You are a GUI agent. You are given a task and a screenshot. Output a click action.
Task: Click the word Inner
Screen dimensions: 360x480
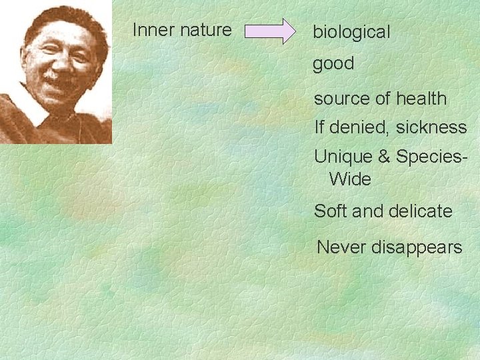tap(149, 30)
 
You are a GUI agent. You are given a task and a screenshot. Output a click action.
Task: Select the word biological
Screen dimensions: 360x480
tap(351, 32)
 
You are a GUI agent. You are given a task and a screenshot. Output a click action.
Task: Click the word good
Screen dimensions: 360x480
tap(333, 64)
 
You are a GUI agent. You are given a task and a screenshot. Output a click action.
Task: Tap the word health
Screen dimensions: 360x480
tap(421, 98)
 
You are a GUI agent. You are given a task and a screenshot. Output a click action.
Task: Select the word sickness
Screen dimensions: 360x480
tap(431, 127)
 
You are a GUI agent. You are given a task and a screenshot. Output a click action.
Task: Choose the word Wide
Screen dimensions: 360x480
tap(350, 179)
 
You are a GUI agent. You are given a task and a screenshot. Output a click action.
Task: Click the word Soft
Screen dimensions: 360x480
tap(330, 211)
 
